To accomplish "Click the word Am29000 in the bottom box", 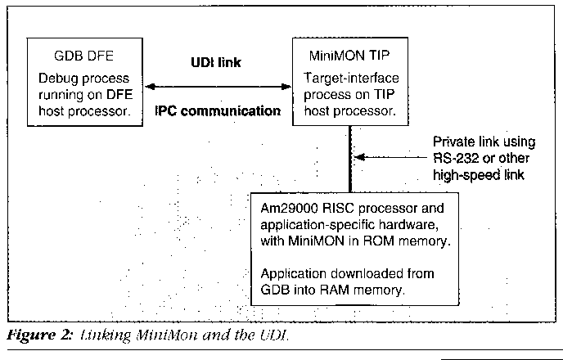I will (285, 205).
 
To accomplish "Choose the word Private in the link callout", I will (454, 140).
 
